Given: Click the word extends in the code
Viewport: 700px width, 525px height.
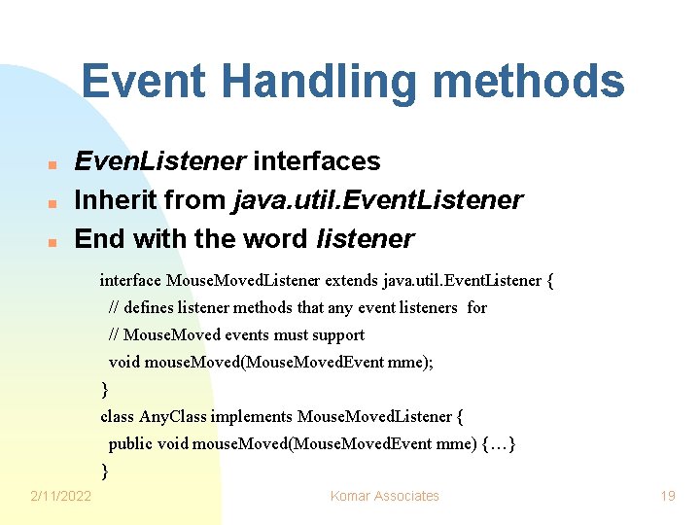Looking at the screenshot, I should point(353,281).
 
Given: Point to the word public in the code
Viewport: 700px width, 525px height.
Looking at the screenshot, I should point(129,444).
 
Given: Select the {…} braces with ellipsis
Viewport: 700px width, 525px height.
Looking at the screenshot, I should point(499,444).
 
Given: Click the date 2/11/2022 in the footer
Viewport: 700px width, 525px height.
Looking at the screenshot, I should point(61,496).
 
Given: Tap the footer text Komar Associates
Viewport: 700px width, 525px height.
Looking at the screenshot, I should point(385,496).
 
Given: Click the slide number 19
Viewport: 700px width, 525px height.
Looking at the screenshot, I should point(667,496).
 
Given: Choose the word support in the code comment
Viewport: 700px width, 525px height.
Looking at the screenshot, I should point(336,335).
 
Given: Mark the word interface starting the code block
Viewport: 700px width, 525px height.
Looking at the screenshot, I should point(130,281).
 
